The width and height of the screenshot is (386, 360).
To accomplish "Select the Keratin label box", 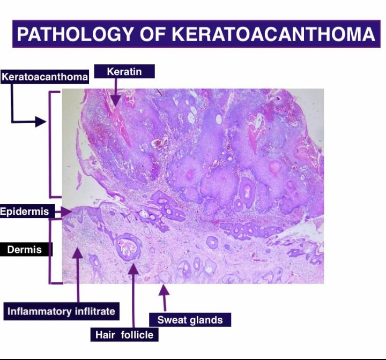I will click(x=124, y=71).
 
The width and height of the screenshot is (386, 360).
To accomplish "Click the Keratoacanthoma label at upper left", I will click(x=44, y=77).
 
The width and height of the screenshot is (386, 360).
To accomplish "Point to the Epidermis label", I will click(x=25, y=212).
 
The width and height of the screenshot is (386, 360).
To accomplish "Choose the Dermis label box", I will click(x=25, y=250).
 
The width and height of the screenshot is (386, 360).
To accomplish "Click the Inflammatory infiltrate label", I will click(x=61, y=311).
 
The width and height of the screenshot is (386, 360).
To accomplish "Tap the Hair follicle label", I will click(x=124, y=335).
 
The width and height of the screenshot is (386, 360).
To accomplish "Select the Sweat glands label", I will click(x=190, y=320).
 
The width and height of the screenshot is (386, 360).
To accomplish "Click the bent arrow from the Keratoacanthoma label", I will click(x=21, y=115).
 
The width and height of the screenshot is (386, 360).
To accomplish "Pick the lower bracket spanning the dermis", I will click(x=52, y=250).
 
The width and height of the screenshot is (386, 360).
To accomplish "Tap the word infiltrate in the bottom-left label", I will click(x=93, y=311).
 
